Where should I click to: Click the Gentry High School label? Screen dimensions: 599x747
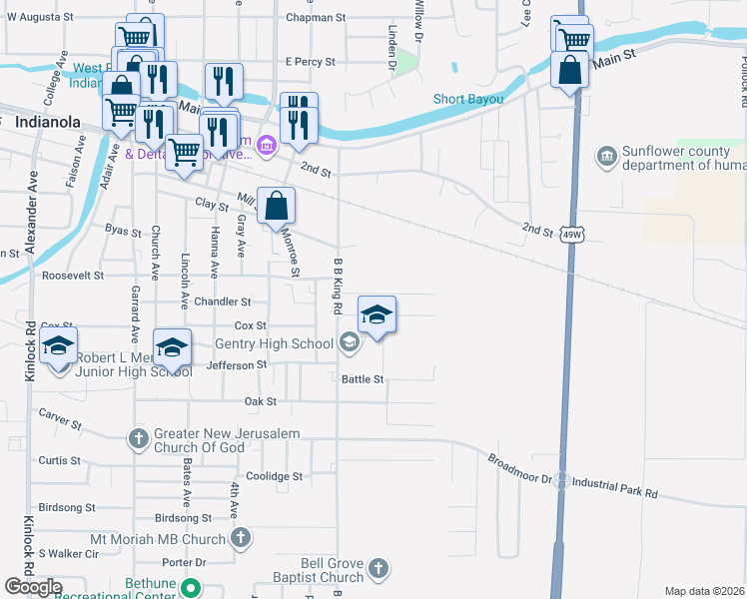click(274, 344)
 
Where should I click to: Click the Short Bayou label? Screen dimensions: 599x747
click(468, 99)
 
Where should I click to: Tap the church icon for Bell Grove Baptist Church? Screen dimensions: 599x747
click(377, 569)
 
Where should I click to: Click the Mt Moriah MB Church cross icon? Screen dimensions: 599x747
click(240, 539)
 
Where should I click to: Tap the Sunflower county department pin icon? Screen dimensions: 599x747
click(606, 157)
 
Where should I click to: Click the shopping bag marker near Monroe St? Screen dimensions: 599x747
click(277, 207)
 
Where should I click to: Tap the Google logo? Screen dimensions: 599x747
click(34, 587)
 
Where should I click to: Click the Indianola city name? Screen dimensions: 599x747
click(48, 122)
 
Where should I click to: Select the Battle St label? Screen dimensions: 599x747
click(363, 379)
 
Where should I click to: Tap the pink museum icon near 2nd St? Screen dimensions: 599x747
click(267, 147)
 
